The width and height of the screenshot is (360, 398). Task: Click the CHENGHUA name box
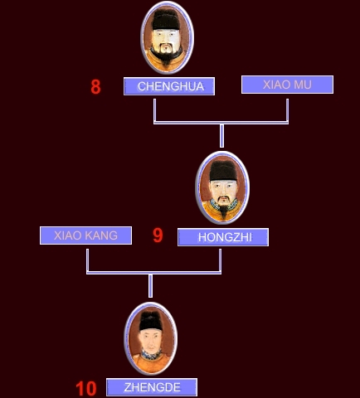(169, 86)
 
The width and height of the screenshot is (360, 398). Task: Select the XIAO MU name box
(287, 85)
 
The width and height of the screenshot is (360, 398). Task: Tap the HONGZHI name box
(223, 237)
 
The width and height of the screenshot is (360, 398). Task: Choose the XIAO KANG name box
(85, 235)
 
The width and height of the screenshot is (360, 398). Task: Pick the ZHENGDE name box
(152, 387)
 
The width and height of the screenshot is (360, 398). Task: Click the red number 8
(95, 87)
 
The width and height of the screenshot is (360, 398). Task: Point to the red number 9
(158, 235)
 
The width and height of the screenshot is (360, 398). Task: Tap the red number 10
(86, 389)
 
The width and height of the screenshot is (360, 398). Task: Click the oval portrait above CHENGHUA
(167, 37)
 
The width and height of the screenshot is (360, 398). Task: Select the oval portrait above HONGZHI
(222, 187)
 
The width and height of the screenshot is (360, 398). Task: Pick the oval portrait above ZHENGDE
(151, 338)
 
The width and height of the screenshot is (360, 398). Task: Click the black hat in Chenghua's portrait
(166, 19)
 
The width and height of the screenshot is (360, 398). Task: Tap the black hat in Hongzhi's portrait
(223, 171)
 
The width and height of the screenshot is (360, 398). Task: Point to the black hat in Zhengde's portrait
(151, 321)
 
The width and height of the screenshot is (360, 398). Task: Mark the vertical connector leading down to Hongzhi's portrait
(221, 136)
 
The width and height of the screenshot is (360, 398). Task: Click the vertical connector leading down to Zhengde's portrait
(150, 286)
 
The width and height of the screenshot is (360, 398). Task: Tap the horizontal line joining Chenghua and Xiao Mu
(221, 123)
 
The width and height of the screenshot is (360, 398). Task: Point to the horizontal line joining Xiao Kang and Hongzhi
(153, 273)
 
